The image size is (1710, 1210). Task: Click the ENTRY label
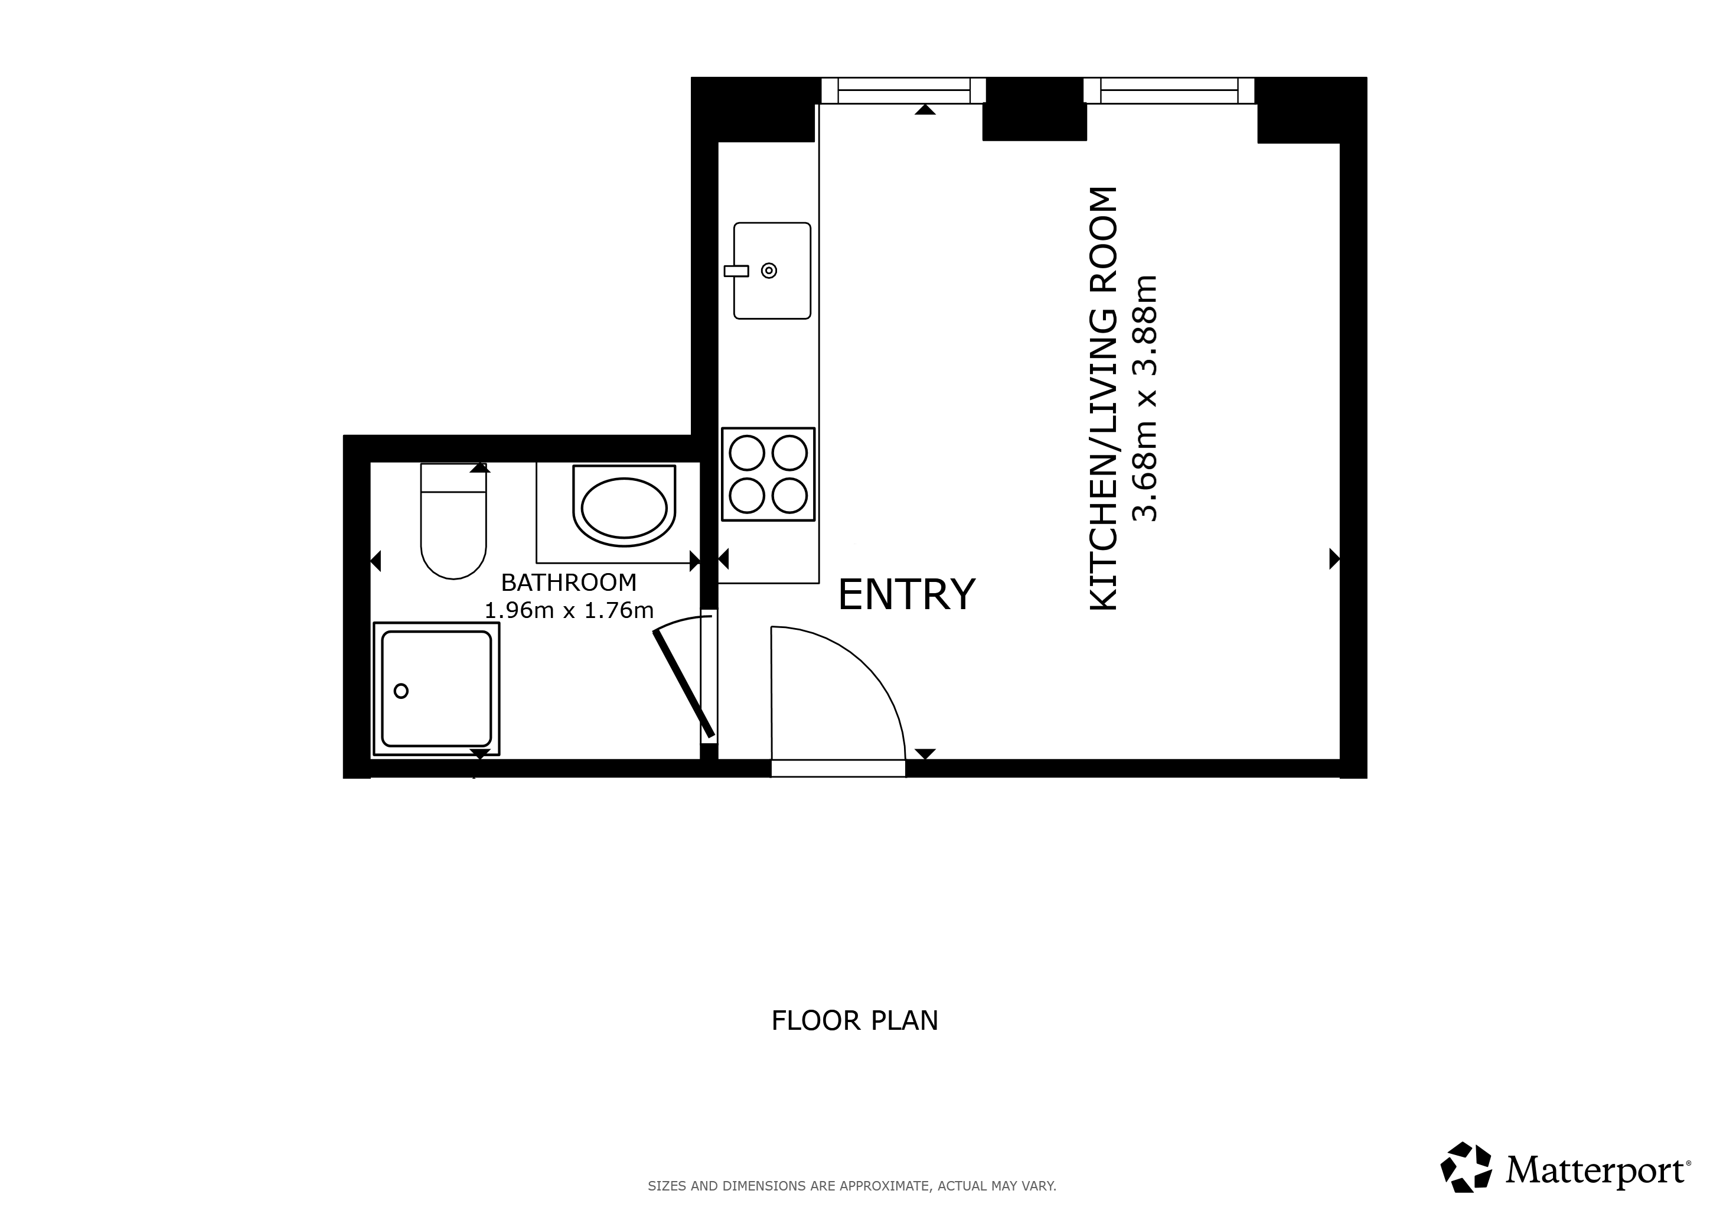[906, 594]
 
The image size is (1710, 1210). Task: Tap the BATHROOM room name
[569, 582]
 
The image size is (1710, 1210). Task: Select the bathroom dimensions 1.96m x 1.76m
[569, 611]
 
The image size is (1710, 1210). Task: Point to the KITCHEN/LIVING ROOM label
[1104, 399]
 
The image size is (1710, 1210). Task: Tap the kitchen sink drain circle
[769, 271]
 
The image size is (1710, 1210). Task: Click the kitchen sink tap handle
[736, 271]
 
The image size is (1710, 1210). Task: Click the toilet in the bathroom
[453, 521]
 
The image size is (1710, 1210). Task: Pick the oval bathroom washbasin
[624, 508]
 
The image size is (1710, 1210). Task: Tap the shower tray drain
[402, 691]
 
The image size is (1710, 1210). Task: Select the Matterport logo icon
[1466, 1167]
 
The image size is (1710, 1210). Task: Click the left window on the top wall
[904, 90]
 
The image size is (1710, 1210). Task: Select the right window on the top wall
[1169, 90]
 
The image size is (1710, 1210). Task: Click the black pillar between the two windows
[1035, 109]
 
